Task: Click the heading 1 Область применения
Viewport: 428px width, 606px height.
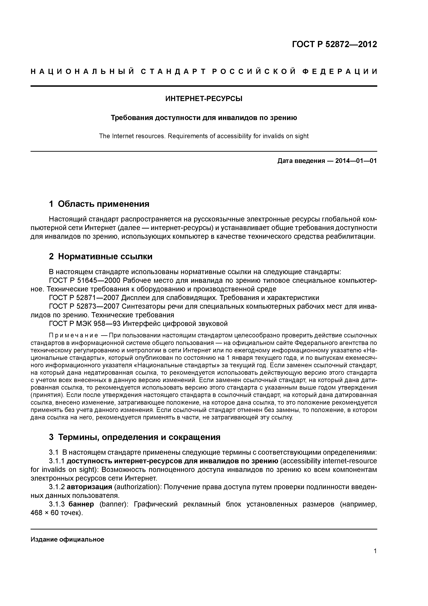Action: [x=99, y=204]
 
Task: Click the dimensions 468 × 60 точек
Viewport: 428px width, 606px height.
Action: [x=57, y=513]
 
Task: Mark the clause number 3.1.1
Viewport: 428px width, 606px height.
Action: [x=57, y=461]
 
